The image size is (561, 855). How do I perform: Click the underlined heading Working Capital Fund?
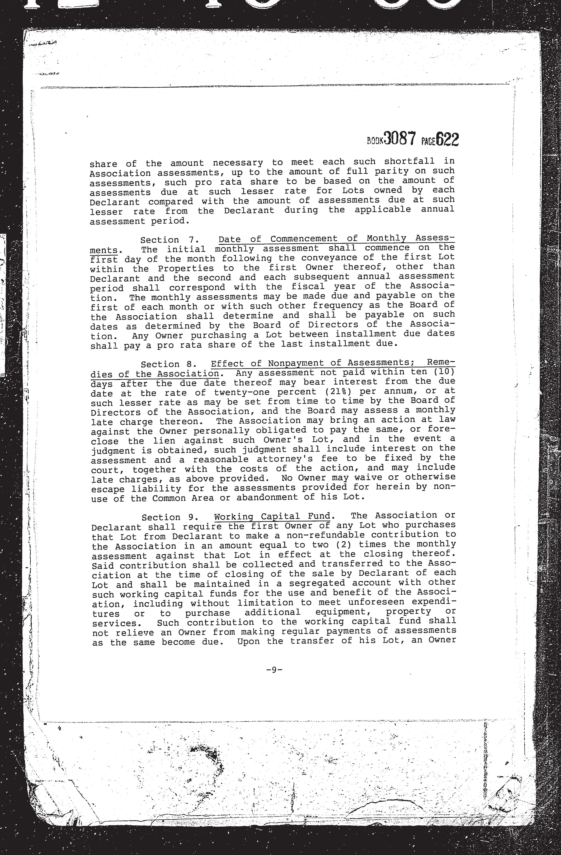point(272,517)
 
